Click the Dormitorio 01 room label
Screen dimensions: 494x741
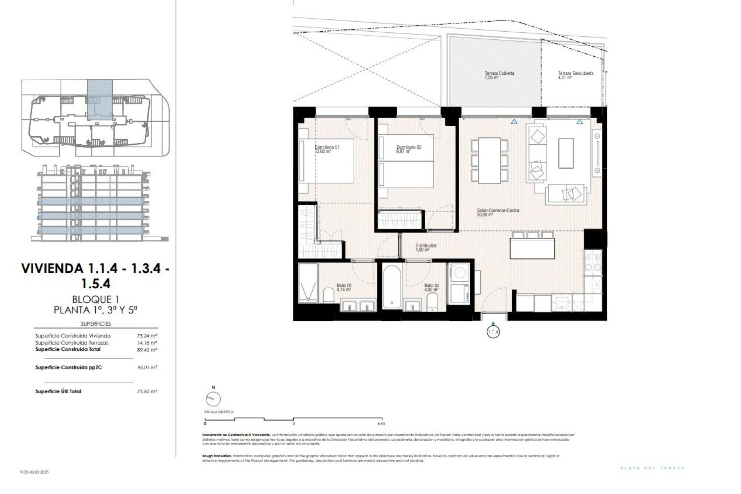[327, 147]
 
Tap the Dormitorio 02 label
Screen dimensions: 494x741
[409, 147]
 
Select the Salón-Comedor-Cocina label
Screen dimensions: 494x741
[498, 211]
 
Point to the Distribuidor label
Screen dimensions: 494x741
[426, 246]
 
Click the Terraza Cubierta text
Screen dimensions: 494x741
[499, 73]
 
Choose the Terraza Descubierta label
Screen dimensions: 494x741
[575, 73]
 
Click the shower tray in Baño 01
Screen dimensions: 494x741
[308, 283]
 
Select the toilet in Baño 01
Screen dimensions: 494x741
[329, 295]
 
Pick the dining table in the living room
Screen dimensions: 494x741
[489, 161]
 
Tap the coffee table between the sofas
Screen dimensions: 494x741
[566, 153]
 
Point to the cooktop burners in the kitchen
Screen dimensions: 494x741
[592, 262]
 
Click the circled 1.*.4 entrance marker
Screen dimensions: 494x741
[493, 332]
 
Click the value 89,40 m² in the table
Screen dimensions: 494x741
[147, 350]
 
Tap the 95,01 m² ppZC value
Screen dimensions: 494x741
[147, 368]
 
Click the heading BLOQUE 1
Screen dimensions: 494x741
[95, 299]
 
